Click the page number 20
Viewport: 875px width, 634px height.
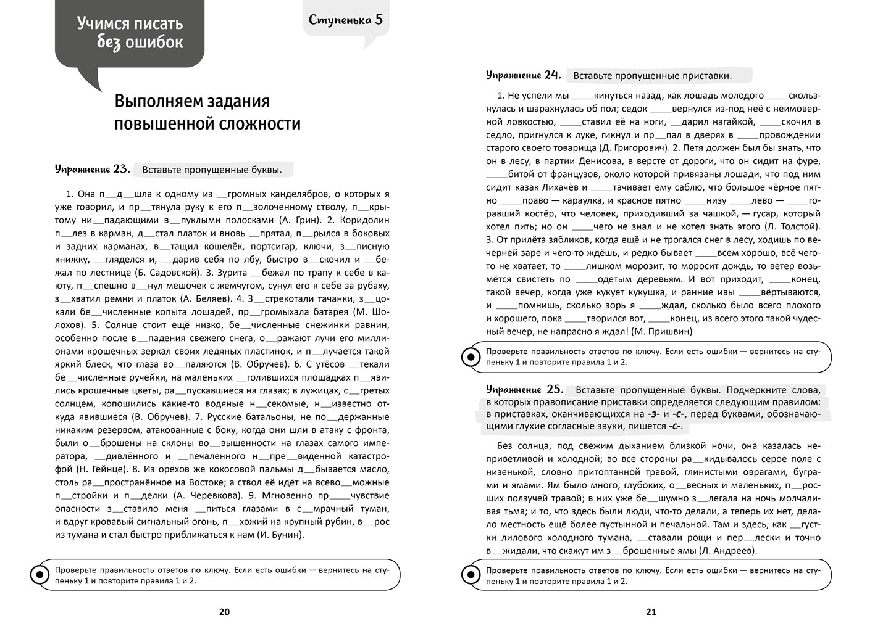coord(224,612)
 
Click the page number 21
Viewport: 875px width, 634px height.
coord(651,612)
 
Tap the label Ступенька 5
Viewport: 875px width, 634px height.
coord(346,19)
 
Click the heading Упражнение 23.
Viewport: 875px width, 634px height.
coord(92,169)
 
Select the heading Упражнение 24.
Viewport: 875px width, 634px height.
coord(523,75)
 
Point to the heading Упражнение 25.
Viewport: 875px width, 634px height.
coord(525,389)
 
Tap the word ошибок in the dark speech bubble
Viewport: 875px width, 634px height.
coord(154,43)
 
